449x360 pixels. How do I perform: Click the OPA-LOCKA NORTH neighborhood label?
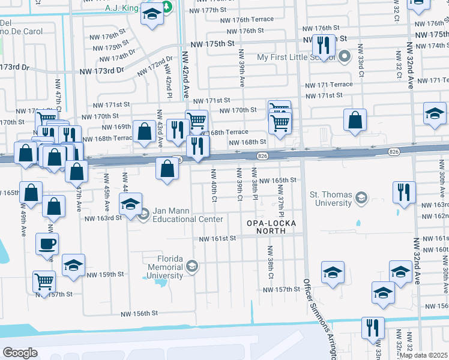click(x=268, y=227)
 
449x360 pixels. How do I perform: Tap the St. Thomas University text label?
click(x=330, y=199)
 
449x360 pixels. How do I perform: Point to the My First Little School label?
click(x=295, y=58)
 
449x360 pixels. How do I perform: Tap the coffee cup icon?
click(x=47, y=244)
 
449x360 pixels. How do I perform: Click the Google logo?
click(x=20, y=352)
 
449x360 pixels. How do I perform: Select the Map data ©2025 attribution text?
click(x=424, y=355)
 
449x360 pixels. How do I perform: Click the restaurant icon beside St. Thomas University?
click(x=404, y=192)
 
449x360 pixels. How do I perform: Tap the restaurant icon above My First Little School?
click(x=324, y=45)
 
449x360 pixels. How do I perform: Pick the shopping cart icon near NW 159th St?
click(x=44, y=281)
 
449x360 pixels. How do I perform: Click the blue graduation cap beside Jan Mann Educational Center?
click(x=130, y=204)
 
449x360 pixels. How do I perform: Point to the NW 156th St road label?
click(x=139, y=313)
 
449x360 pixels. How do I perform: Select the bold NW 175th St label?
click(x=212, y=44)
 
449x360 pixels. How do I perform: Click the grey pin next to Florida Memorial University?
click(x=191, y=266)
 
